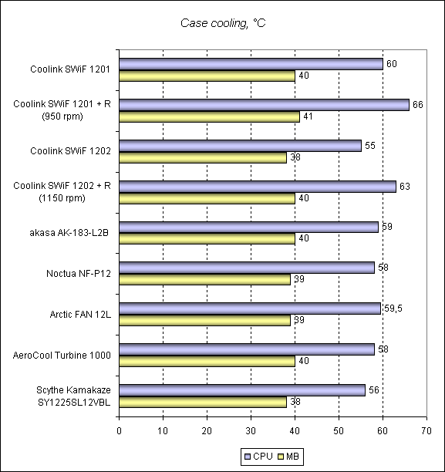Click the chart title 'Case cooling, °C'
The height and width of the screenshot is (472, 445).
223,23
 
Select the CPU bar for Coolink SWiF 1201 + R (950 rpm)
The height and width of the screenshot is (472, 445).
264,105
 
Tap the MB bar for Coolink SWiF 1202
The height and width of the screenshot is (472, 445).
203,157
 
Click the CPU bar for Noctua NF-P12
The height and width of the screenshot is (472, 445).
247,268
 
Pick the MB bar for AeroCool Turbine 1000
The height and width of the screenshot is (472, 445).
207,361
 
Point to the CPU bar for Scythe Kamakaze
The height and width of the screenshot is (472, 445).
242,390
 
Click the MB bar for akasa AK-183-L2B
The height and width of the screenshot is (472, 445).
207,238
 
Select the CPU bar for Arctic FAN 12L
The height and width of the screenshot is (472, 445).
250,308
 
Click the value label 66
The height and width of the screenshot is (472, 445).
417,105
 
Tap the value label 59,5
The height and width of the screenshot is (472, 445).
393,308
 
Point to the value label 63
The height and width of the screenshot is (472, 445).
405,187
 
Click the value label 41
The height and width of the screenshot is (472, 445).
308,116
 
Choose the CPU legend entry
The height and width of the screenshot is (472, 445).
258,457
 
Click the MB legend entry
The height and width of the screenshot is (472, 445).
288,457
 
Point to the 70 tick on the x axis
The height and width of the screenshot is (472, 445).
426,431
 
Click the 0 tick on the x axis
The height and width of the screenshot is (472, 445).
120,431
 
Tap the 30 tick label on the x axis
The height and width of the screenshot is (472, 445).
251,431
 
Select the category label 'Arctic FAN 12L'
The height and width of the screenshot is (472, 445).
80,315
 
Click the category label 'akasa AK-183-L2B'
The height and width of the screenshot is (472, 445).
69,233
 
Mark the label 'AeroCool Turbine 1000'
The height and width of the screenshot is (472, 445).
62,356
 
